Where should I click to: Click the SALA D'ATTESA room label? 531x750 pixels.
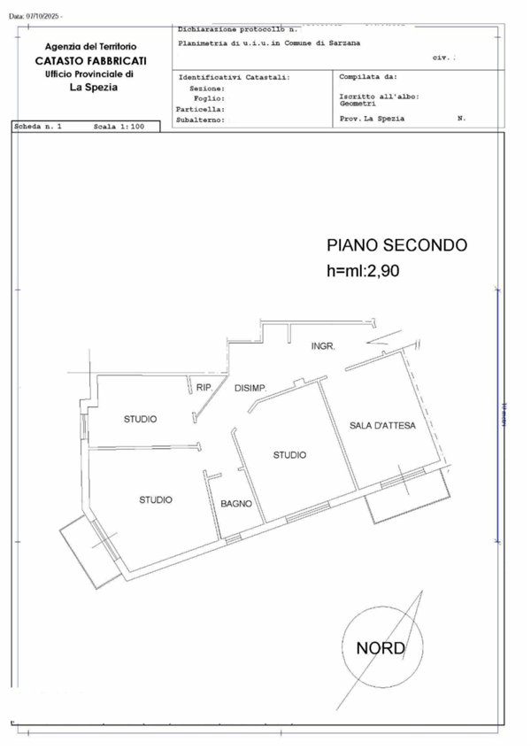click(377, 426)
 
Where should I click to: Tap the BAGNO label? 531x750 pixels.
click(236, 504)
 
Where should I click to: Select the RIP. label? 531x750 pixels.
click(204, 388)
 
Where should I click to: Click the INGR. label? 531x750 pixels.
click(323, 346)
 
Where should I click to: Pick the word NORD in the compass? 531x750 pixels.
click(381, 648)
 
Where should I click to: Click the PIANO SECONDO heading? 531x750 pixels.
click(396, 245)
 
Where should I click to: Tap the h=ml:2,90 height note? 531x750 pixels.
click(364, 272)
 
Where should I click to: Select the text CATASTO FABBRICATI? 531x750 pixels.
click(91, 60)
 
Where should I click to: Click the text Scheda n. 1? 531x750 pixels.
click(39, 128)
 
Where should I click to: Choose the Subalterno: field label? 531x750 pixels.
click(201, 119)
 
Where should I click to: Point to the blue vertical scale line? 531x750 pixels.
click(497, 416)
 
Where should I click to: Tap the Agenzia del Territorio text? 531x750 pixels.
click(91, 46)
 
